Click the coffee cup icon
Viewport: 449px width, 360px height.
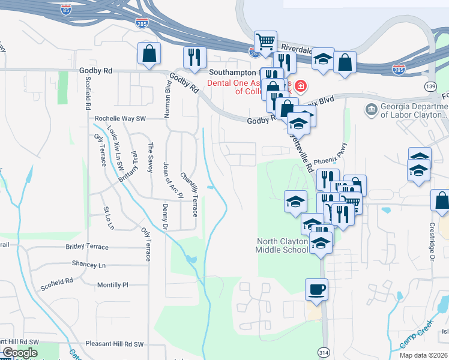pyautogui.click(x=316, y=289)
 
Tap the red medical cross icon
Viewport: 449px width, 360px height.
pyautogui.click(x=300, y=87)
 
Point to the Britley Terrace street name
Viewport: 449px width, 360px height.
pyautogui.click(x=87, y=247)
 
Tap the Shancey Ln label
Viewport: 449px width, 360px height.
pyautogui.click(x=88, y=265)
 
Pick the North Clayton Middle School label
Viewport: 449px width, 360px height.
pyautogui.click(x=282, y=245)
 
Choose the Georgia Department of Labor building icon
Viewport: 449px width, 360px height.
pyautogui.click(x=371, y=110)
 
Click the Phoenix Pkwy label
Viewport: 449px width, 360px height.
pyautogui.click(x=330, y=160)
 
